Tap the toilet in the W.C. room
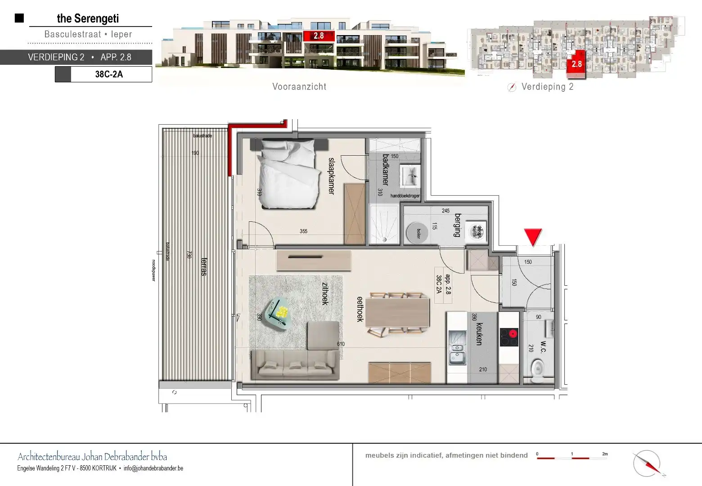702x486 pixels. click(x=537, y=372)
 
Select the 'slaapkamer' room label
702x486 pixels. click(x=332, y=175)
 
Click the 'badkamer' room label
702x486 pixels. click(x=385, y=170)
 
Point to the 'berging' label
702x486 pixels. click(x=458, y=225)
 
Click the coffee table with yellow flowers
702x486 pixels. click(x=279, y=312)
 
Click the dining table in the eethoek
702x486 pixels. click(x=397, y=312)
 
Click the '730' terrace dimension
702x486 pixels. click(x=189, y=255)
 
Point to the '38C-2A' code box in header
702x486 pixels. click(x=109, y=74)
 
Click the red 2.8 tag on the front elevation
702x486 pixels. click(x=319, y=36)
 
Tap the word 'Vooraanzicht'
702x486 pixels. click(x=299, y=87)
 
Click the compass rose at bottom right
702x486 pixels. click(x=647, y=463)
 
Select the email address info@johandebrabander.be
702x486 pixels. click(x=153, y=468)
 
